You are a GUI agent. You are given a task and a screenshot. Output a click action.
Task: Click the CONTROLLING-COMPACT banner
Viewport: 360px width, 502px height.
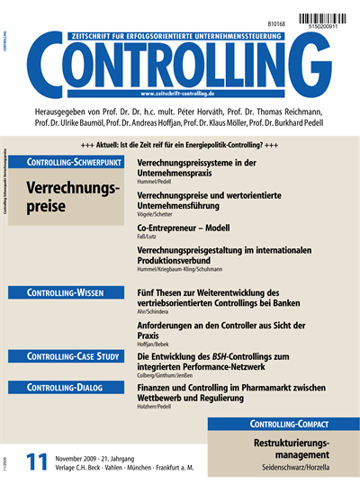tap(283, 424)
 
